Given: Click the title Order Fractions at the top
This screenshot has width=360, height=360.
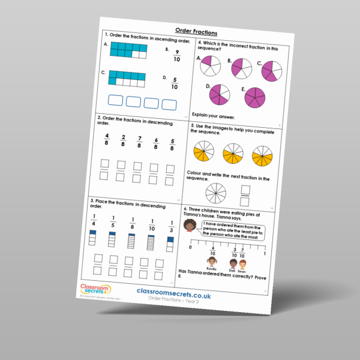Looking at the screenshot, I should click(x=196, y=31).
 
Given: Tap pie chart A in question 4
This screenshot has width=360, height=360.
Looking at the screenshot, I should click(x=209, y=65).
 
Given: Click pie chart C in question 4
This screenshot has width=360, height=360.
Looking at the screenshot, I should click(x=272, y=71).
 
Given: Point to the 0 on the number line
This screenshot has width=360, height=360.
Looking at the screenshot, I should click(x=190, y=247).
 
